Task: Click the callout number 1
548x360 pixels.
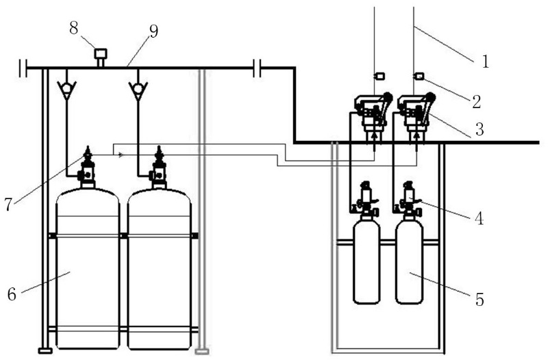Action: click(485, 62)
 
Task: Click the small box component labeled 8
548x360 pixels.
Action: click(101, 53)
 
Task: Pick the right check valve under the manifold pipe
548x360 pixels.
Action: click(138, 88)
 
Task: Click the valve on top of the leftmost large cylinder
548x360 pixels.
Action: click(87, 168)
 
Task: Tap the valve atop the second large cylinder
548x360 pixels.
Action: click(159, 168)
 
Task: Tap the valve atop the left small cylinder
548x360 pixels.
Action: click(366, 199)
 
